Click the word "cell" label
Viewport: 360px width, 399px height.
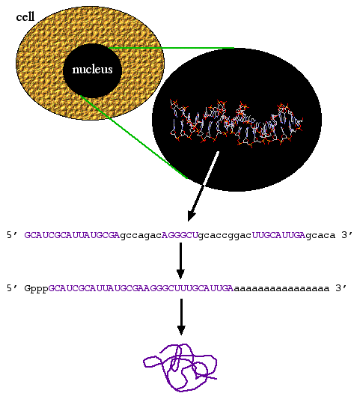(x=25, y=17)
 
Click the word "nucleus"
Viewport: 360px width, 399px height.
(x=92, y=70)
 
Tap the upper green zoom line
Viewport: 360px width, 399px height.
(x=171, y=48)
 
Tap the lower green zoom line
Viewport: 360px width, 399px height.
(x=134, y=137)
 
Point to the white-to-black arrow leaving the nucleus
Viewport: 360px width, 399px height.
(x=203, y=186)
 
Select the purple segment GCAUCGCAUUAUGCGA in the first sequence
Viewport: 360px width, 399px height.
(x=72, y=235)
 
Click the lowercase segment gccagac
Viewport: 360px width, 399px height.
(x=141, y=236)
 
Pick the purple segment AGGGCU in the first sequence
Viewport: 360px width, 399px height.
(x=180, y=235)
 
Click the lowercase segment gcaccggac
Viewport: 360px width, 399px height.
(x=225, y=236)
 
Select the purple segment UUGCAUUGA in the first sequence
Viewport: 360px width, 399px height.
(x=278, y=235)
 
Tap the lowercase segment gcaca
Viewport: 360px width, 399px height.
(x=320, y=236)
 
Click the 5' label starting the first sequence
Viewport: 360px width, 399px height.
(x=12, y=234)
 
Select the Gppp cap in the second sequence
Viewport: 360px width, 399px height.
(x=36, y=289)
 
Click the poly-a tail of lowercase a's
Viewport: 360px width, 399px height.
(x=281, y=289)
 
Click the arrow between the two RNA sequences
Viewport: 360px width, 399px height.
(x=180, y=261)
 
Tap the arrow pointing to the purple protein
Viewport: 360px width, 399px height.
(x=181, y=317)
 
